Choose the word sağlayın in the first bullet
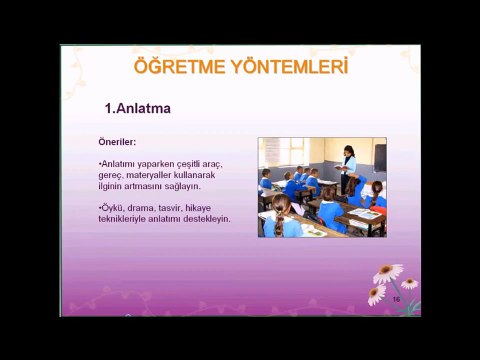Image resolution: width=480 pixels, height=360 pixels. (184, 185)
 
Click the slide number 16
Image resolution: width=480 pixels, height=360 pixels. (396, 300)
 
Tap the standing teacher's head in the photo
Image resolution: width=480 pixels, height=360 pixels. (349, 151)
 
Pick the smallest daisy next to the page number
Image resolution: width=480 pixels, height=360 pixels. (409, 283)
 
